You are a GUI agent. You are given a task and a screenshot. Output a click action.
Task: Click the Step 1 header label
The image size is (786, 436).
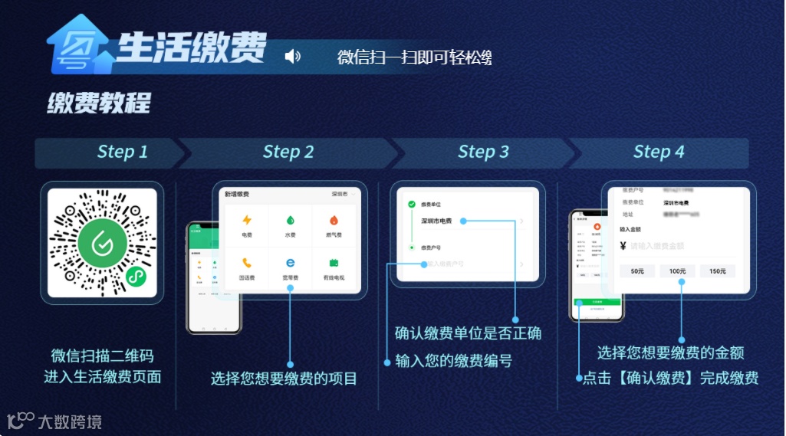coord(123,152)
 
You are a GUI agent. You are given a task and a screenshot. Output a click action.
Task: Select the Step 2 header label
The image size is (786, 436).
coord(288,152)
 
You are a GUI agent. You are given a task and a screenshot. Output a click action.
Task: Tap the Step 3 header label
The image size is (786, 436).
coord(483,152)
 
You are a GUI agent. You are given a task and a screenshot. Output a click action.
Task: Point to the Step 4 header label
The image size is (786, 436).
coord(658,152)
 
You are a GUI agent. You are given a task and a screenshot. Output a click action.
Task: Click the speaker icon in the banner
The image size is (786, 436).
coord(292,56)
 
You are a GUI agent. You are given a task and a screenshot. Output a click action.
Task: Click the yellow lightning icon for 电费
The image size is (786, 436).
coord(247,220)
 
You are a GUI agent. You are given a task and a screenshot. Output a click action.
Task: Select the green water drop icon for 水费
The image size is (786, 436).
coord(291,220)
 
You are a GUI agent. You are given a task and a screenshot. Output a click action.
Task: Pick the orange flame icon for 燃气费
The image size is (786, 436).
coord(334,220)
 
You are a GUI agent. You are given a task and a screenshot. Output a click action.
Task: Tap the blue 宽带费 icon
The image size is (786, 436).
coord(291,262)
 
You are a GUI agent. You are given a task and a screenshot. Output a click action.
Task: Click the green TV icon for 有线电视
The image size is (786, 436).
coord(334,262)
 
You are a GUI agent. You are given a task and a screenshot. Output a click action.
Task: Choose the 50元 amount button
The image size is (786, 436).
coord(637,270)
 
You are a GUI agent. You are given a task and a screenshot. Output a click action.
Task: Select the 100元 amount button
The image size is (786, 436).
coord(677,270)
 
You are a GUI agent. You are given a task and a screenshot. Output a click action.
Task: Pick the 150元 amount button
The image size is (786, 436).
coord(717,270)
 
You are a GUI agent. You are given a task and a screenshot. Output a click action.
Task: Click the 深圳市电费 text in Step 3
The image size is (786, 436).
coord(436,221)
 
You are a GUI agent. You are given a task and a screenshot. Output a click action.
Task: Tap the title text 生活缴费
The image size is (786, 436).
coord(192,48)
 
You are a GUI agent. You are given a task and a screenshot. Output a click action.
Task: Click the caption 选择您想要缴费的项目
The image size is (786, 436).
coord(284,378)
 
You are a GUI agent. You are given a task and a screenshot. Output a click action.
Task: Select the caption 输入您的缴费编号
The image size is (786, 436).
coord(453,361)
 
